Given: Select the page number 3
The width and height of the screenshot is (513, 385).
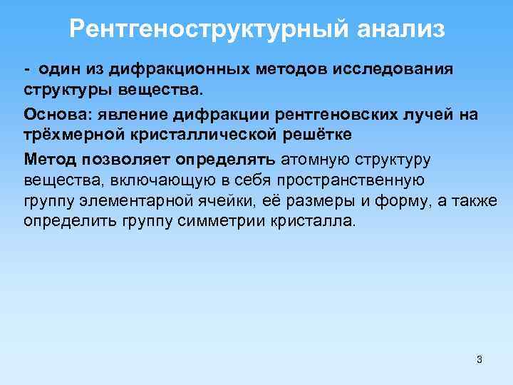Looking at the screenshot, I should (480, 359).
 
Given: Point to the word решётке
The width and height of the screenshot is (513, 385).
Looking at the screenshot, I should (314, 135).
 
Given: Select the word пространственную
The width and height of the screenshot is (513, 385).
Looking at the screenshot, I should (349, 179).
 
